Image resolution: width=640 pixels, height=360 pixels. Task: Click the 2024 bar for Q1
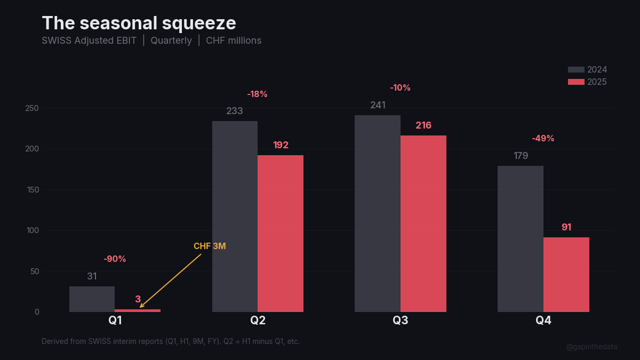click(x=92, y=299)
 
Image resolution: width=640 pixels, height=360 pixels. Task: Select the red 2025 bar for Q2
click(x=281, y=234)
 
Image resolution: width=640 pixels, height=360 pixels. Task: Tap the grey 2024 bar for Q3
click(x=378, y=213)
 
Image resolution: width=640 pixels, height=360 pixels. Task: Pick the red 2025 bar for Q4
click(x=566, y=275)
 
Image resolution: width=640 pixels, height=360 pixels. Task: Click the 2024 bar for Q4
click(x=521, y=239)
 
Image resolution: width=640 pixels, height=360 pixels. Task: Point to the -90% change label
click(x=115, y=259)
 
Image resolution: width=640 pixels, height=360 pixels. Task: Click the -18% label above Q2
click(x=257, y=94)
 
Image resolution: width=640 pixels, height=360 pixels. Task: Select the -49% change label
click(x=543, y=139)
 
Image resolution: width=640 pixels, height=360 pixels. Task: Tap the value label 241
click(x=378, y=105)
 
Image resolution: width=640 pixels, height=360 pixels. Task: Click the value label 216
click(x=423, y=126)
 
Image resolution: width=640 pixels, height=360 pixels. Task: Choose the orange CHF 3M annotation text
click(x=210, y=246)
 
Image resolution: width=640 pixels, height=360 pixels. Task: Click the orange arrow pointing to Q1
click(x=171, y=281)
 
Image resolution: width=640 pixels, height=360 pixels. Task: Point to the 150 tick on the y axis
click(x=33, y=190)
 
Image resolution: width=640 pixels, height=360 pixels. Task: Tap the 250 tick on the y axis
click(x=33, y=108)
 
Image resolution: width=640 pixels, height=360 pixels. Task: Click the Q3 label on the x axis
click(x=401, y=321)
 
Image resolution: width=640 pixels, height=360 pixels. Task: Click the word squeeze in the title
click(x=201, y=23)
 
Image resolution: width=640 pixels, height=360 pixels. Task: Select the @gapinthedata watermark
click(x=591, y=347)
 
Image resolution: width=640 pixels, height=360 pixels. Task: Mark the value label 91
click(x=566, y=227)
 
